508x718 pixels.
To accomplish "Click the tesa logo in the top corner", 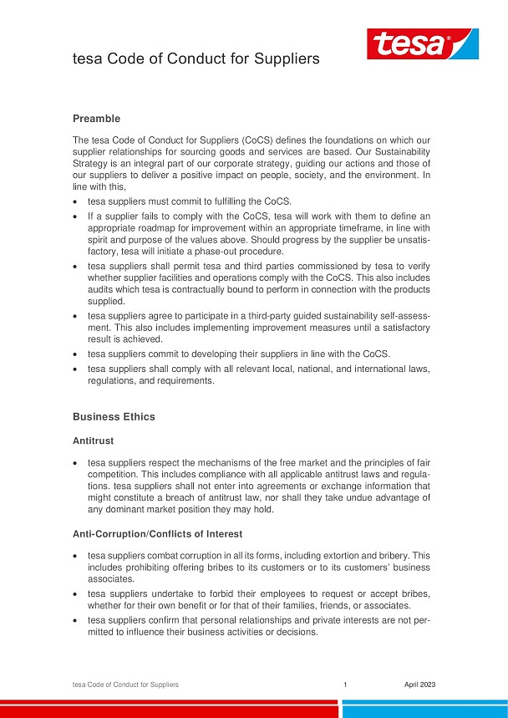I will point(423,43).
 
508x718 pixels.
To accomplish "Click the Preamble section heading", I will point(96,119).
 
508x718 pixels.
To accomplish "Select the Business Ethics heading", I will point(114,416).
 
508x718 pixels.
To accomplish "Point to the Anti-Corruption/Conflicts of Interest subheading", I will point(156,532).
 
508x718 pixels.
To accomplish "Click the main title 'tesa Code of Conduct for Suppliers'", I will point(196,59).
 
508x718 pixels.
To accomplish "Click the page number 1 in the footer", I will point(345,685).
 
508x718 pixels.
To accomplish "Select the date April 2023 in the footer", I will point(419,685).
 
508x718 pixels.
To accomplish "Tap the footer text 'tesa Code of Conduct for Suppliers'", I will point(125,685).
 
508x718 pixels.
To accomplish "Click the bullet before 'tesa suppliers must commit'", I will point(77,201).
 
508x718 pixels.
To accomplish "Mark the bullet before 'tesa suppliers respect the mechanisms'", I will point(77,462).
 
